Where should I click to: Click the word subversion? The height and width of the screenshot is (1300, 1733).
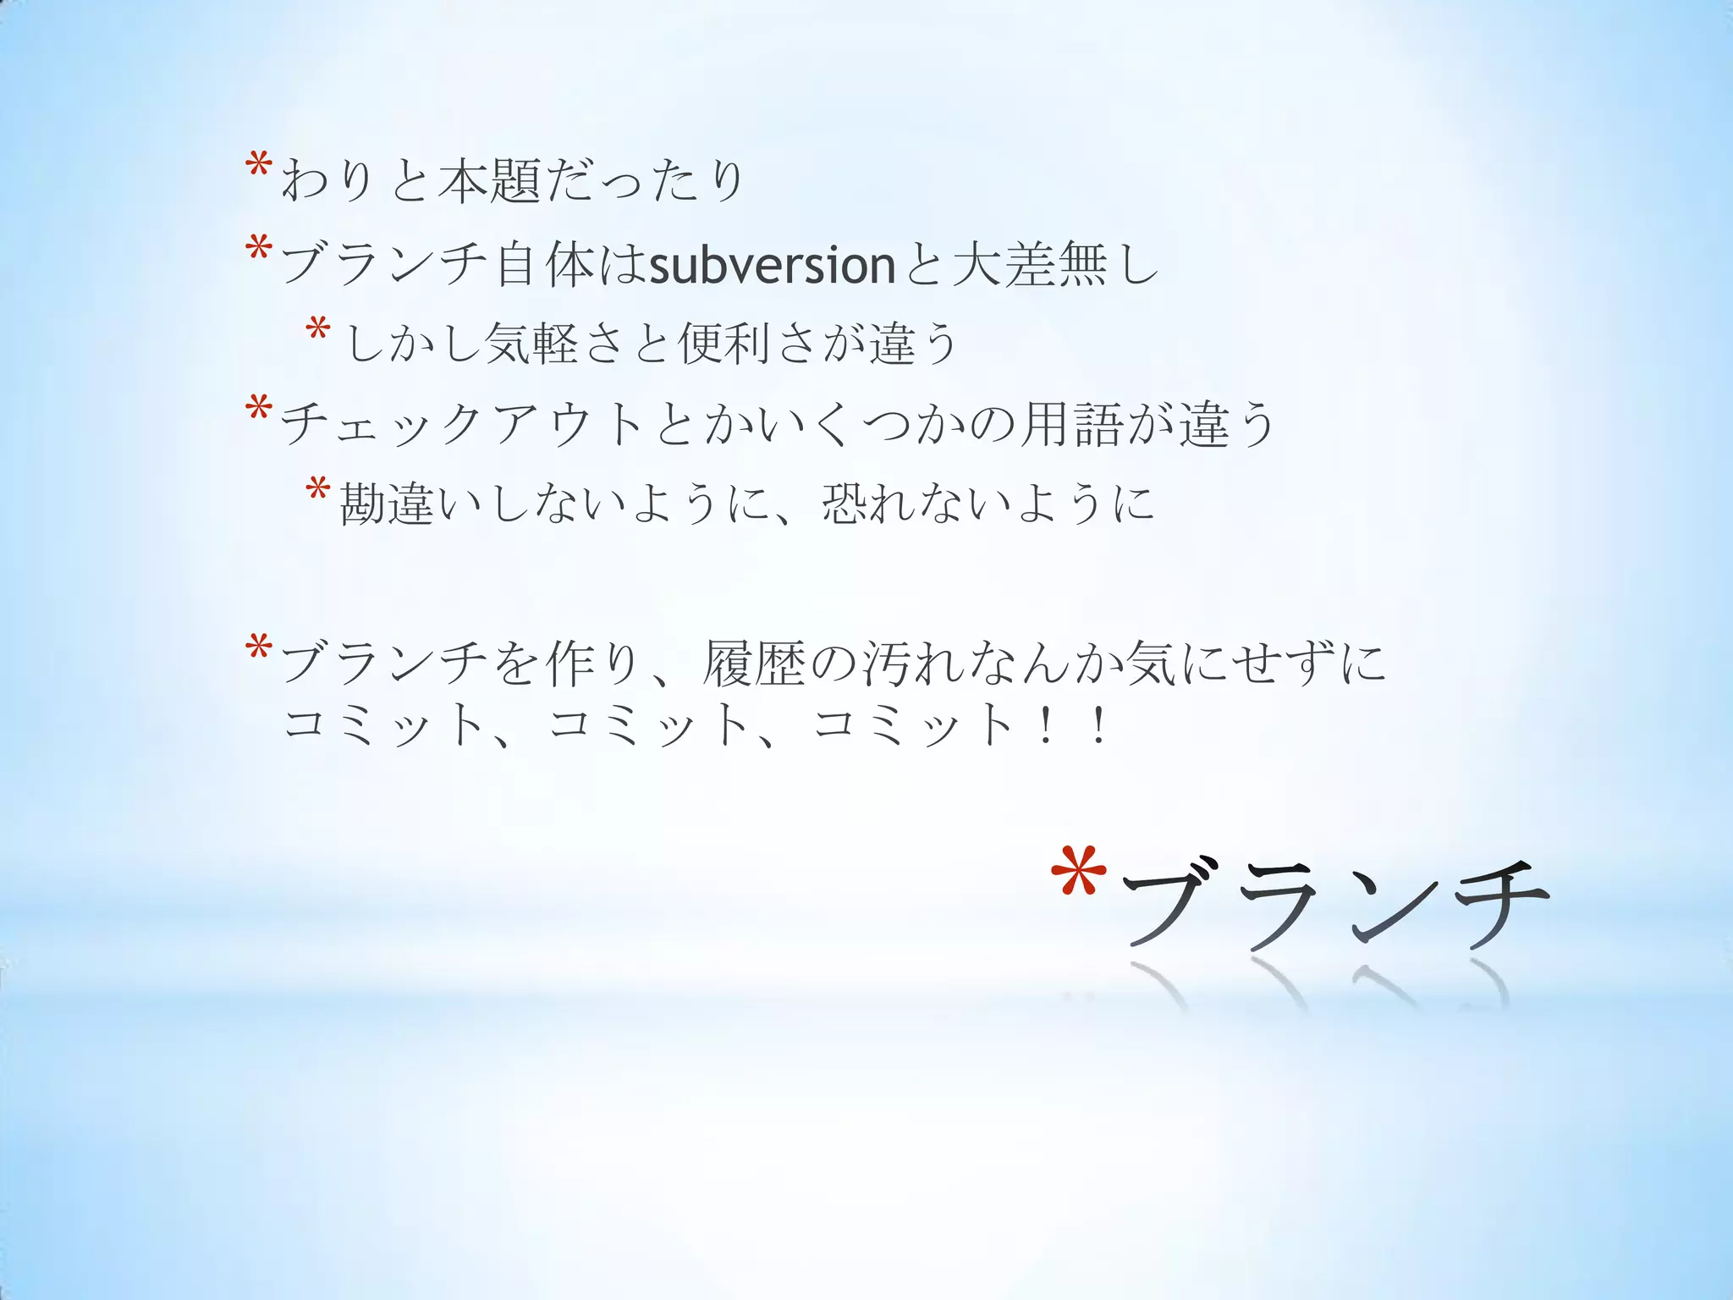(x=772, y=265)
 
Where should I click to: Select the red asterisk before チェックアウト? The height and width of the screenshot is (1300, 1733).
(x=257, y=410)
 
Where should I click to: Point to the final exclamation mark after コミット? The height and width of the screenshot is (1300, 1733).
(x=1098, y=726)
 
